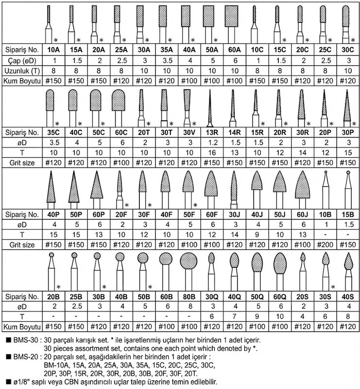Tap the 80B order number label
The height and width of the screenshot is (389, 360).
pyautogui.click(x=187, y=295)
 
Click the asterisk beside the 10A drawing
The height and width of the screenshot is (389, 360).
pyautogui.click(x=56, y=39)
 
